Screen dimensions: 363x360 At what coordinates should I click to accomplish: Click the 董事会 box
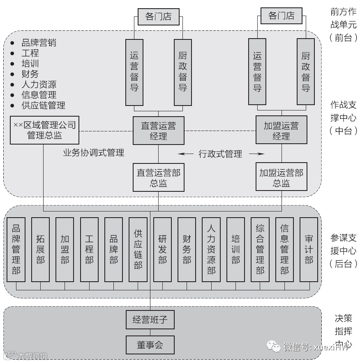pyautogui.click(x=150, y=345)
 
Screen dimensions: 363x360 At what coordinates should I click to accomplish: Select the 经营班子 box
pyautogui.click(x=150, y=319)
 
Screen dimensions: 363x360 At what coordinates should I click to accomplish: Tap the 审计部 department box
pyautogui.click(x=309, y=249)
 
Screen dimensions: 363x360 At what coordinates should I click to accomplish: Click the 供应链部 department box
pyautogui.click(x=138, y=249)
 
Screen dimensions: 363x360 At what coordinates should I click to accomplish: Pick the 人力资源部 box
pyautogui.click(x=211, y=249)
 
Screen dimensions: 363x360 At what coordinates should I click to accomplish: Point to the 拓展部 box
pyautogui.click(x=40, y=249)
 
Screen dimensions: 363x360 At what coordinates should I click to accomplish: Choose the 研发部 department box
pyautogui.click(x=162, y=249)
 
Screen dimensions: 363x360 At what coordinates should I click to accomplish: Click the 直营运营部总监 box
pyautogui.click(x=158, y=177)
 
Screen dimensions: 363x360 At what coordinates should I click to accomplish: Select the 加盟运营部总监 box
pyautogui.click(x=281, y=177)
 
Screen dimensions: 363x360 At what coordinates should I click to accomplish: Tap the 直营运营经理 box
pyautogui.click(x=158, y=131)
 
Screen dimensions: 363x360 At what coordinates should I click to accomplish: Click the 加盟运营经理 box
pyautogui.click(x=281, y=131)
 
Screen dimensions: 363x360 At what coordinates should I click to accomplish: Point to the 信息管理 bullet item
pyautogui.click(x=39, y=95)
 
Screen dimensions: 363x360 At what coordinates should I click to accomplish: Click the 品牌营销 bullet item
pyautogui.click(x=39, y=42)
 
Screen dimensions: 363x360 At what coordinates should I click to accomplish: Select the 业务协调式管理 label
pyautogui.click(x=93, y=153)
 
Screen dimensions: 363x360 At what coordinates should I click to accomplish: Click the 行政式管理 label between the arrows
pyautogui.click(x=220, y=154)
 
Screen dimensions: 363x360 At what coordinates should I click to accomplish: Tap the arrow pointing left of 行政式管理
pyautogui.click(x=185, y=154)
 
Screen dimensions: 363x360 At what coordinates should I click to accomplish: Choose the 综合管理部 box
pyautogui.click(x=260, y=249)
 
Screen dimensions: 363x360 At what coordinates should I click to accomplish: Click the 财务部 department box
pyautogui.click(x=187, y=249)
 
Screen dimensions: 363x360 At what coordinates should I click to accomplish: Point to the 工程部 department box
pyautogui.click(x=89, y=249)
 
